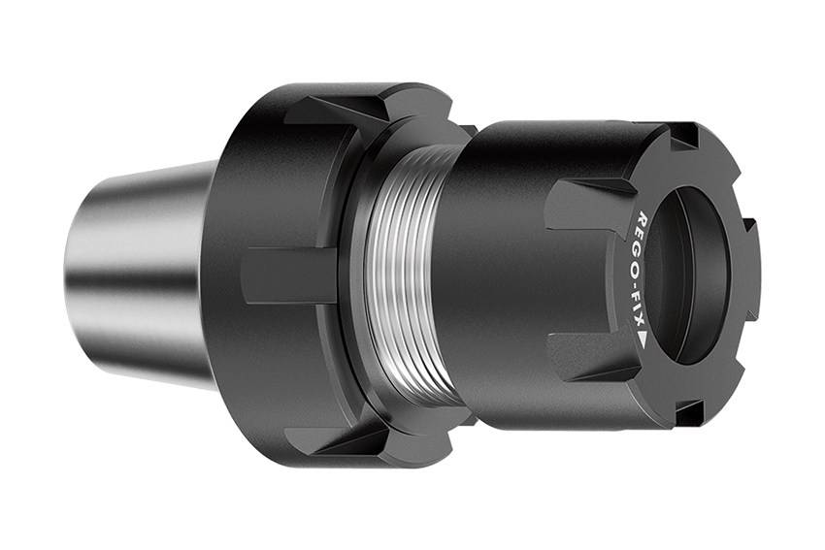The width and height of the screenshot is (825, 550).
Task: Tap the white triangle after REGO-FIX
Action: coord(643,340)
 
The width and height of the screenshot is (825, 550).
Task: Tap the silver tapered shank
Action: coord(146,272)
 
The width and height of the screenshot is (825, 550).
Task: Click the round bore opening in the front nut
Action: coord(694,276)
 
